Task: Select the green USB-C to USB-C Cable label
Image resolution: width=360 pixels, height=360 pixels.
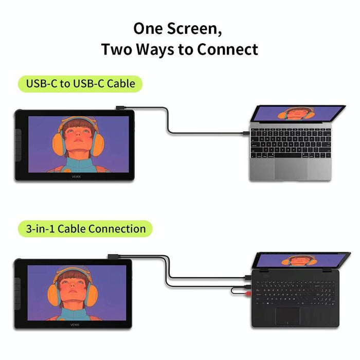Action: click(x=80, y=83)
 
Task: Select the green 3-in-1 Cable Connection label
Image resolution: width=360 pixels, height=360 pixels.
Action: click(x=85, y=228)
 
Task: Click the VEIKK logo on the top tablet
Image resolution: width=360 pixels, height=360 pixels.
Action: click(x=76, y=175)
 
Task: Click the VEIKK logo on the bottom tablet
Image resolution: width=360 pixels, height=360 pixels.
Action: click(x=75, y=324)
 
